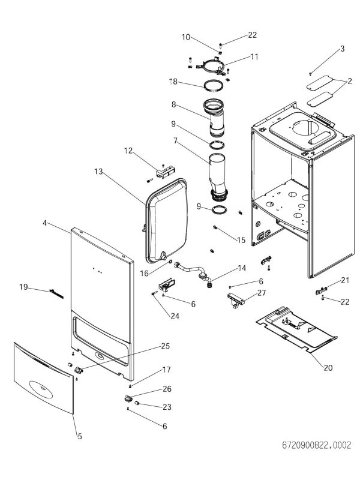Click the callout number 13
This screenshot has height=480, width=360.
coord(99,172)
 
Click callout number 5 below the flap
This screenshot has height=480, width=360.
coord(79,436)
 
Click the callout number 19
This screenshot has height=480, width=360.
coord(23,287)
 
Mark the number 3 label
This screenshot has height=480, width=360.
coord(342,49)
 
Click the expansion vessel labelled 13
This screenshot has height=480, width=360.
coord(166,222)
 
